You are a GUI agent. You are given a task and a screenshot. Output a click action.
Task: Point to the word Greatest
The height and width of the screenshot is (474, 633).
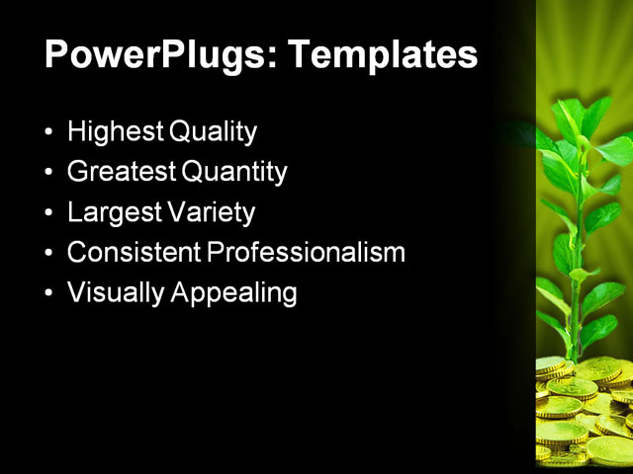point(121,173)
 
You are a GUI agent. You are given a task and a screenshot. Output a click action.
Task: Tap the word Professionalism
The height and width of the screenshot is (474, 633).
point(306,253)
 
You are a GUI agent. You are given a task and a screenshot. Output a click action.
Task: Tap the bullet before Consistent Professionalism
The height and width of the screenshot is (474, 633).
point(50,254)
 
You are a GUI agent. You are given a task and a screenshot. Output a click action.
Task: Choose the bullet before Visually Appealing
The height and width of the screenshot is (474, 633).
point(50,294)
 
